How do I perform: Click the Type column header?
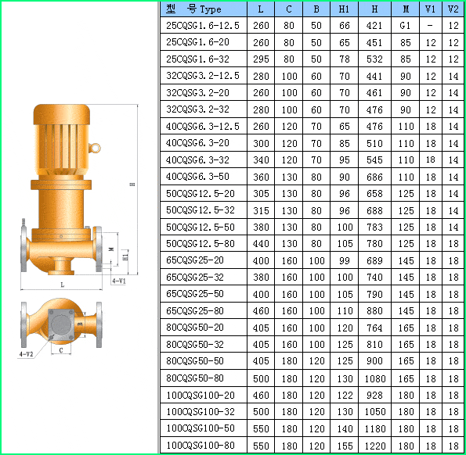(193, 9)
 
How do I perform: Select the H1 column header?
(344, 9)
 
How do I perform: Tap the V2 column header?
(453, 9)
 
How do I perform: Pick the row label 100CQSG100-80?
(200, 445)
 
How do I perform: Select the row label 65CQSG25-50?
(195, 294)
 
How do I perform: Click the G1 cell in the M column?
(405, 26)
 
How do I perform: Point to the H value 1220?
(375, 446)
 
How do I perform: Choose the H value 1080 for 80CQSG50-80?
(375, 378)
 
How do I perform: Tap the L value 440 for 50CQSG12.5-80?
(261, 244)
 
